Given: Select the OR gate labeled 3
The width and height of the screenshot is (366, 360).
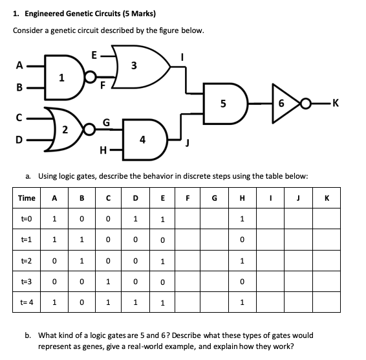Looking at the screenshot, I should (134, 65).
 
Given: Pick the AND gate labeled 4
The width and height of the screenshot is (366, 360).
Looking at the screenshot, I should (143, 139).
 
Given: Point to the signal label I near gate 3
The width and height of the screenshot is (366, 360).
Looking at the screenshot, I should (182, 56).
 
